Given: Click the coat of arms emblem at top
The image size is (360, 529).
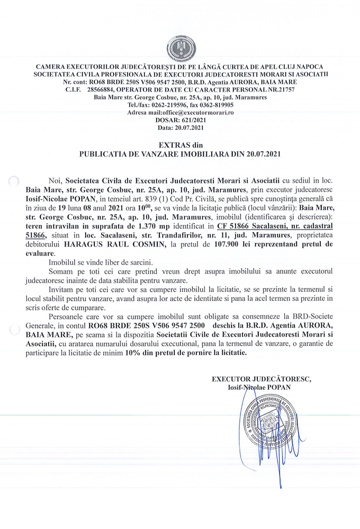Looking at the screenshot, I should click(x=181, y=48).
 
